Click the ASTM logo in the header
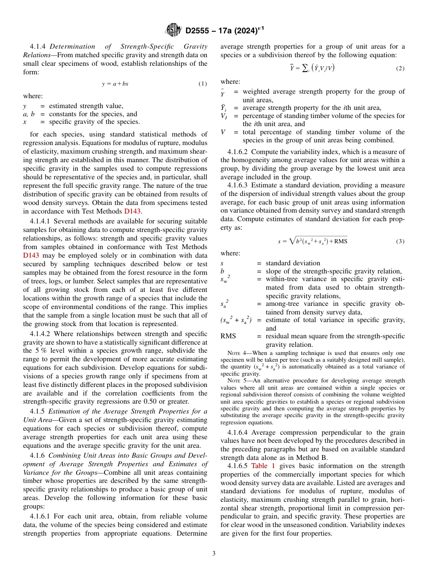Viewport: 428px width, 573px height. tap(174, 30)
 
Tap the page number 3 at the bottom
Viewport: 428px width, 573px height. tap(214, 553)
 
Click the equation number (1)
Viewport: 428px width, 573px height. tap(203, 84)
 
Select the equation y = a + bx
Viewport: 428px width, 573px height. tap(115, 84)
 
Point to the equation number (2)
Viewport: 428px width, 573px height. tap(400, 68)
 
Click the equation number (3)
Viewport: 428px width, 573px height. tap(400, 241)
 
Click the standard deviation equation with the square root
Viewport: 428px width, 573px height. tap(313, 241)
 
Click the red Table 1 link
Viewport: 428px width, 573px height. tap(263, 466)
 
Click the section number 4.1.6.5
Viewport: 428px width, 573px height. tap(235, 466)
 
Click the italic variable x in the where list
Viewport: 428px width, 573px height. tap(25, 122)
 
